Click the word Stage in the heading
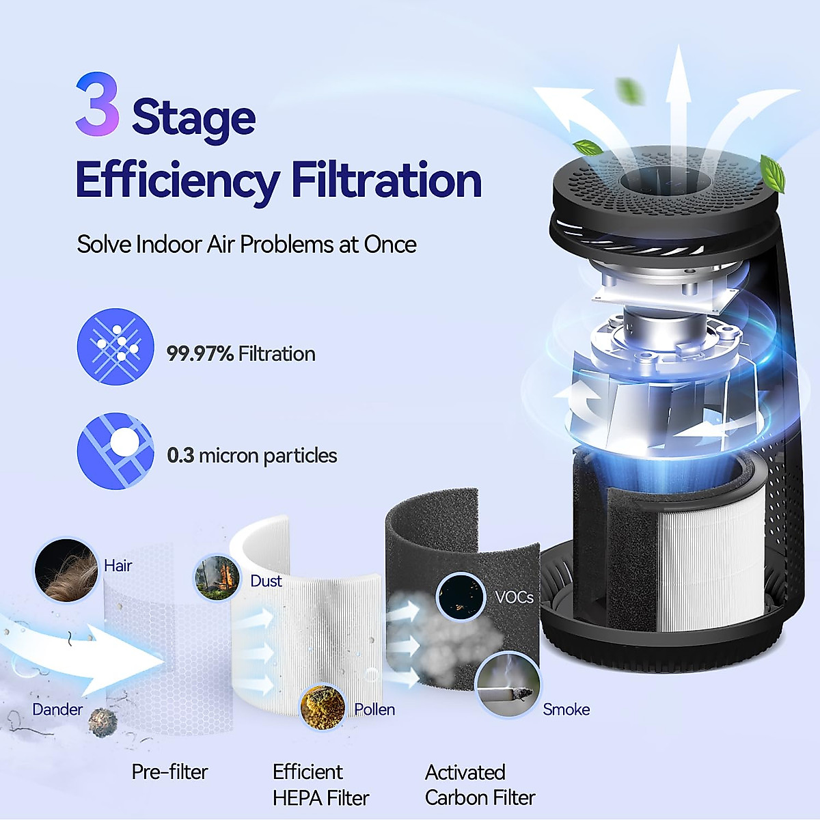click(193, 118)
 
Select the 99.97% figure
click(200, 354)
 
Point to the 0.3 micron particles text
click(251, 456)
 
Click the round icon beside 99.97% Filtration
click(115, 346)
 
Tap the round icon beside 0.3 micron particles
click(115, 451)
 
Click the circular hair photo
click(66, 570)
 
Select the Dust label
click(266, 582)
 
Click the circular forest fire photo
click(217, 578)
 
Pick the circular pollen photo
click(322, 707)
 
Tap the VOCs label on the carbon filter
click(514, 597)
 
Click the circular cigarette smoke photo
click(507, 685)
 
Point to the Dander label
click(57, 710)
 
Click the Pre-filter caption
click(169, 772)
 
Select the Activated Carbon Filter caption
click(479, 785)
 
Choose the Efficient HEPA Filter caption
click(320, 785)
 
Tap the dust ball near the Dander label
click(103, 722)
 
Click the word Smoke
click(566, 710)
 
